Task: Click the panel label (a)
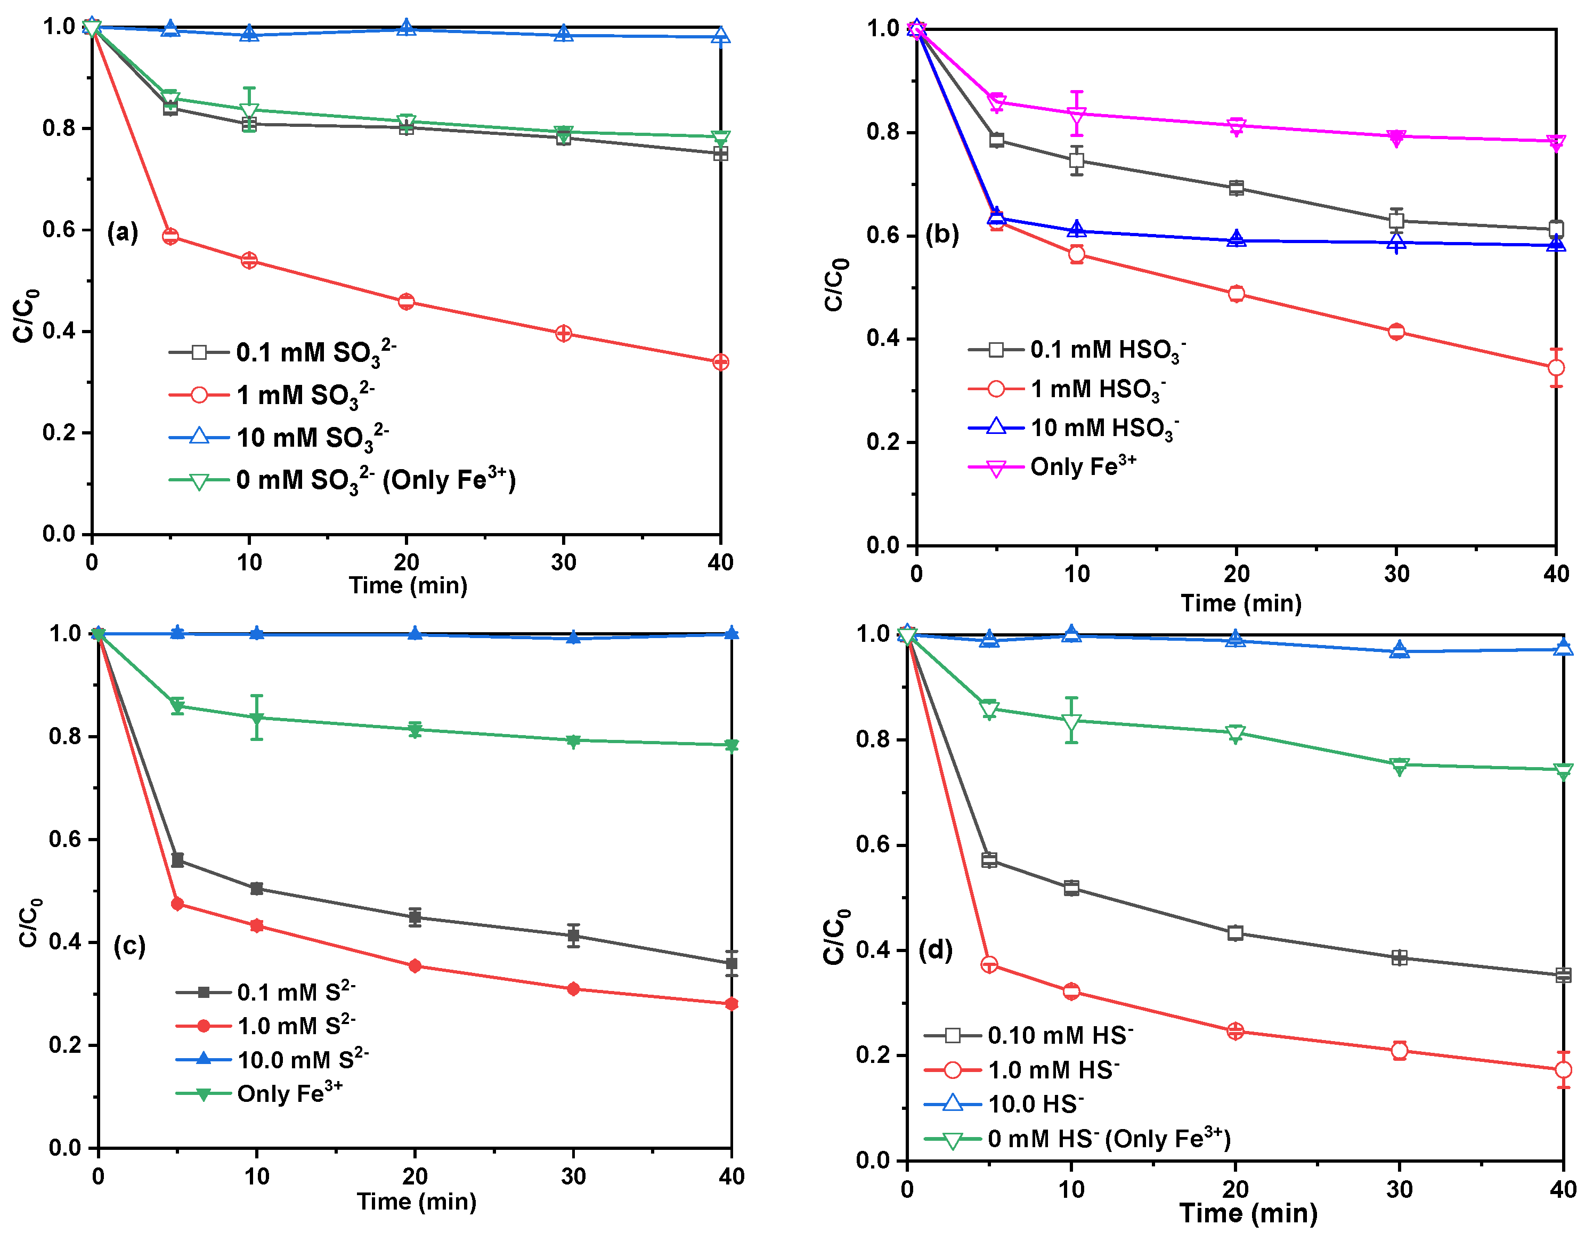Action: [x=122, y=232]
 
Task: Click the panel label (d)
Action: [x=936, y=950]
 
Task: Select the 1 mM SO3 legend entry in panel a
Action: [x=305, y=395]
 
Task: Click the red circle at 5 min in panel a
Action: [x=170, y=236]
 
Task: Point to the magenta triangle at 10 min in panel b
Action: [x=1077, y=115]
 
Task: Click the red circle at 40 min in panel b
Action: [x=1555, y=367]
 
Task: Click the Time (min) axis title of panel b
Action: [x=1241, y=603]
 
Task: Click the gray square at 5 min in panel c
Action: [x=177, y=860]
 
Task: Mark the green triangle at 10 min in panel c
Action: [x=256, y=718]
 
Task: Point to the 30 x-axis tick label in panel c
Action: [x=573, y=1177]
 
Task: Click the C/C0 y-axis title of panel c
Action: [x=29, y=924]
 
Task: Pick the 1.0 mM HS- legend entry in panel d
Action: [x=1052, y=1070]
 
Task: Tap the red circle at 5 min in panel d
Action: [x=988, y=964]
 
